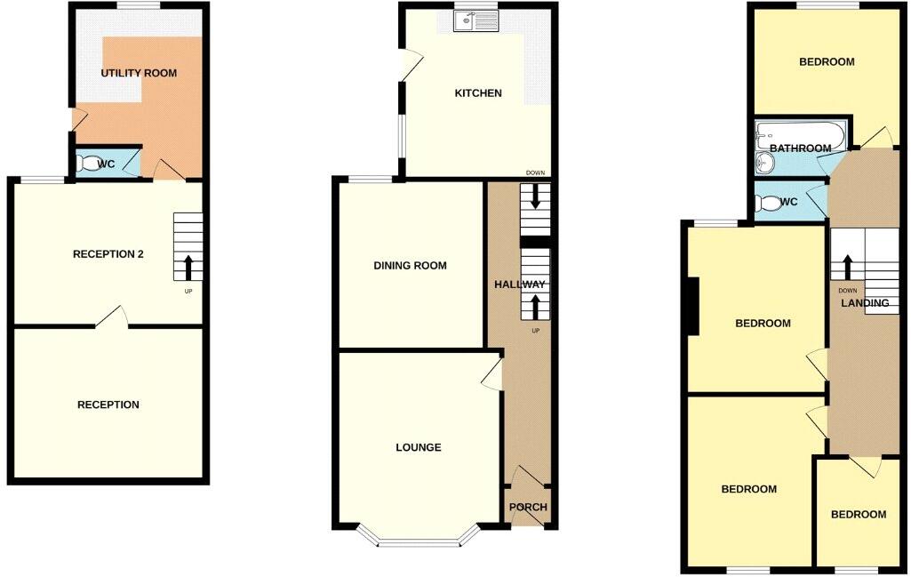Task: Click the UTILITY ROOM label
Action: [139, 73]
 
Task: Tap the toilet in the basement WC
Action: [88, 164]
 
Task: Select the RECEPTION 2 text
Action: [108, 254]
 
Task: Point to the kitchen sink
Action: [476, 20]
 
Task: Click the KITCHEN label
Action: [478, 93]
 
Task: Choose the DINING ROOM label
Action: [410, 266]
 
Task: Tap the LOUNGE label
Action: [418, 447]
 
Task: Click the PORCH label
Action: [528, 508]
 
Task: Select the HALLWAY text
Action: [520, 284]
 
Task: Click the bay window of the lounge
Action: [419, 538]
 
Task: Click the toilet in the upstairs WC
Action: [764, 202]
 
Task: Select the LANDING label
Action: [866, 303]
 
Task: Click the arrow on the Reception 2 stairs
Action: [188, 264]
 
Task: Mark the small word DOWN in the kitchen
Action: [535, 173]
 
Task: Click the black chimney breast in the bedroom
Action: [692, 306]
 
